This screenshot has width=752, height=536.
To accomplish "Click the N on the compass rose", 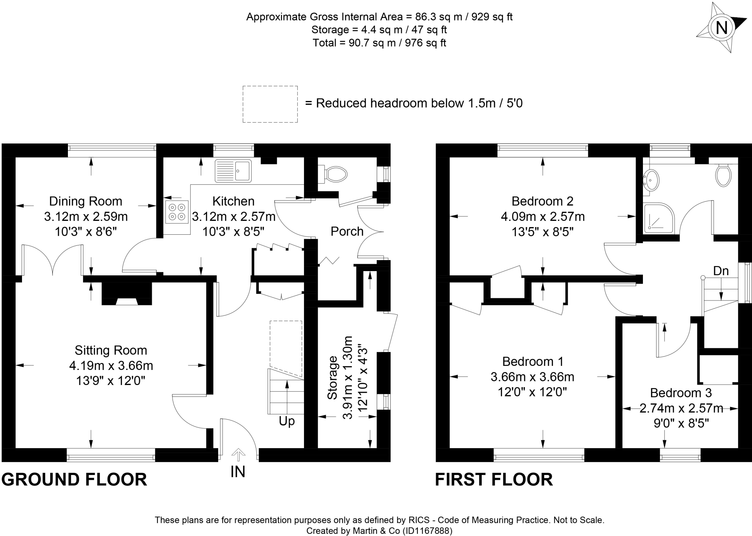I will click(x=722, y=28).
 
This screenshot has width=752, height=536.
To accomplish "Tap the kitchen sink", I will click(x=233, y=170).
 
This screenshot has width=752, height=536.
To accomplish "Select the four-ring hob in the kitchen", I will click(x=177, y=212).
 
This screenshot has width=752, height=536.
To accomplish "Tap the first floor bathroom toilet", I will click(x=723, y=175).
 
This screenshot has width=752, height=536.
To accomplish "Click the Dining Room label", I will click(x=86, y=201).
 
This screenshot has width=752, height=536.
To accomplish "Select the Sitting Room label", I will click(x=111, y=350).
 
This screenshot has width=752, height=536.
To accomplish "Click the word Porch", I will click(x=347, y=231).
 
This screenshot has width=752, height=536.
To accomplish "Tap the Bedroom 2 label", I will click(x=542, y=201).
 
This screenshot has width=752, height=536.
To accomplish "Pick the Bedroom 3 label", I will click(x=681, y=393).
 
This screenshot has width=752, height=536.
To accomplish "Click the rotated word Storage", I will click(x=332, y=377).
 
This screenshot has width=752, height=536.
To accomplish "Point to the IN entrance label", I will click(x=238, y=472).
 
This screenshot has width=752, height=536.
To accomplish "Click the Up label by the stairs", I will click(x=287, y=421).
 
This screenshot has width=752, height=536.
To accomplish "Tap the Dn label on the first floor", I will click(x=721, y=271).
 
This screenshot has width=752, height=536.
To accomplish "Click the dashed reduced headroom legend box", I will click(x=270, y=104).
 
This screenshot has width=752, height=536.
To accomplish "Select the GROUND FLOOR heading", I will click(x=74, y=480).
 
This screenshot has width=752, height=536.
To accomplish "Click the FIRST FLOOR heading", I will click(x=493, y=480).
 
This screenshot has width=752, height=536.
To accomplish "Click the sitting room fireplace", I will click(x=127, y=294).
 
